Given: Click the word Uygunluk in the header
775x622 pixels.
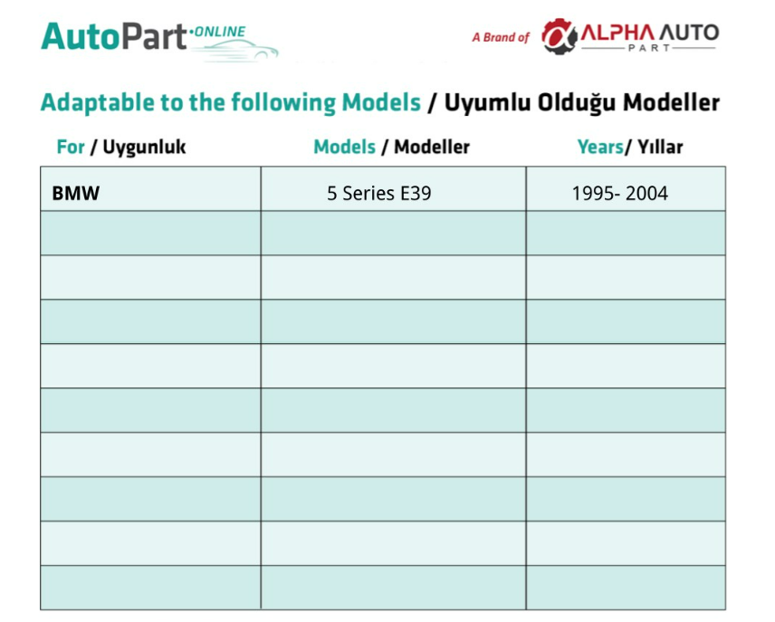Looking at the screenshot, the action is [x=144, y=147].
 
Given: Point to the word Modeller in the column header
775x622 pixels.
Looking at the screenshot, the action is [x=432, y=147].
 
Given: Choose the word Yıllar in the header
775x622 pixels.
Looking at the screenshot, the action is [x=660, y=147].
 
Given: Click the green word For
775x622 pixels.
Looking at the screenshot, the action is [x=71, y=147].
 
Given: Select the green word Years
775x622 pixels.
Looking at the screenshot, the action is [x=600, y=147].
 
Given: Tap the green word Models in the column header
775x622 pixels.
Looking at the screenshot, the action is [x=345, y=147].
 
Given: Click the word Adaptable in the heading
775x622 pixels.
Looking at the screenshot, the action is [x=98, y=103].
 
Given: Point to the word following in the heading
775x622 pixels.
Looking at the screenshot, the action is [x=283, y=103].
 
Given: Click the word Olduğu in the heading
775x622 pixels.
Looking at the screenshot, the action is [x=577, y=103].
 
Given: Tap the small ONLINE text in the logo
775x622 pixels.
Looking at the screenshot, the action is [x=220, y=32].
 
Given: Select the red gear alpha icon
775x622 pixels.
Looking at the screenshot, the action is [x=559, y=36].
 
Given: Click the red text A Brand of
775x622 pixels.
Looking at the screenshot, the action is [x=501, y=37].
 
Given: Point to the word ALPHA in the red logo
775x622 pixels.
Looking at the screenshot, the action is [x=617, y=33].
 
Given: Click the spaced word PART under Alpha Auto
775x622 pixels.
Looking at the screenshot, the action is [x=649, y=48].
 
